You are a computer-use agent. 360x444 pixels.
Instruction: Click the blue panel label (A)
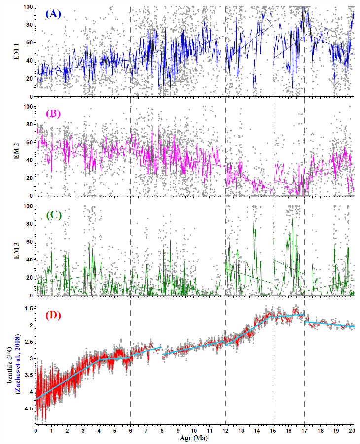pos(54,14)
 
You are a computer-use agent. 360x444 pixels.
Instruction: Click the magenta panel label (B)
pos(53,114)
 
